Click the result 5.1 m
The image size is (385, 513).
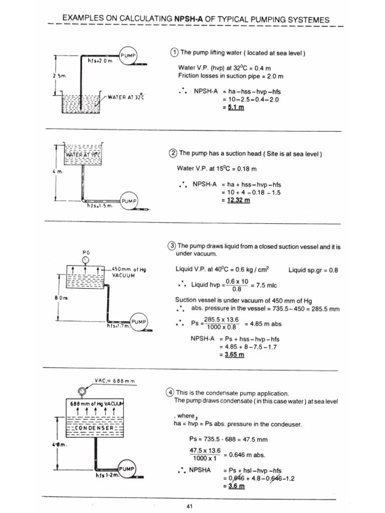tap(234, 108)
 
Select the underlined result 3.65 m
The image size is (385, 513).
tap(235, 355)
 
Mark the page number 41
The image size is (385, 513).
tap(189, 506)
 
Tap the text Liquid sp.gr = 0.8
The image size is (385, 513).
tap(313, 270)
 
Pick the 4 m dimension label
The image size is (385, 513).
tap(56, 172)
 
